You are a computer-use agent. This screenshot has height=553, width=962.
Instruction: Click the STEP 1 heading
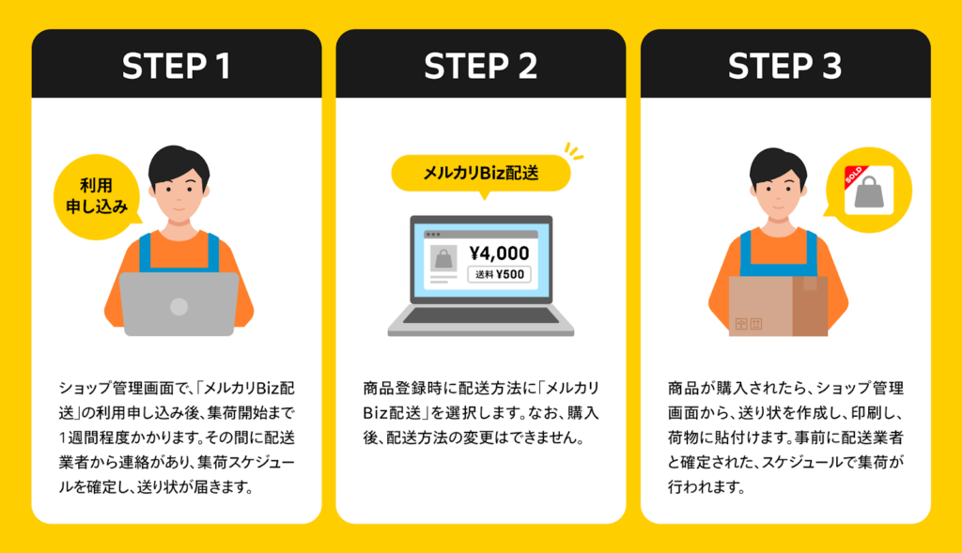(176, 67)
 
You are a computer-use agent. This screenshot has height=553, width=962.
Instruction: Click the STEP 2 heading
(480, 67)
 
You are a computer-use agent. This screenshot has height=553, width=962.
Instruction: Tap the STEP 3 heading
(784, 67)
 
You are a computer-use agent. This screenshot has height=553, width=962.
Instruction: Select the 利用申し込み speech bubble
(97, 196)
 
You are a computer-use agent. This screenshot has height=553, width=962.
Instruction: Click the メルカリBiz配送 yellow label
(481, 174)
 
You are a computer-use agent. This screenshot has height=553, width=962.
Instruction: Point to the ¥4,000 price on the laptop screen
(499, 253)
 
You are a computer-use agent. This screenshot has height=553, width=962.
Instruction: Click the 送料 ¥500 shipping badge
(500, 274)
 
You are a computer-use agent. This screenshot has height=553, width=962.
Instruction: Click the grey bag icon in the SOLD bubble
(869, 192)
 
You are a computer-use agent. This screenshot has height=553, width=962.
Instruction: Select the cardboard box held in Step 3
(778, 306)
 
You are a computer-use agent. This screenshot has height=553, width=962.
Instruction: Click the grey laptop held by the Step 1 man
(178, 303)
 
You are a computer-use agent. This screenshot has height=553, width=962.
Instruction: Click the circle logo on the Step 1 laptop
(178, 306)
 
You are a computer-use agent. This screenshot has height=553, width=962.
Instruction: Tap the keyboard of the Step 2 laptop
(480, 315)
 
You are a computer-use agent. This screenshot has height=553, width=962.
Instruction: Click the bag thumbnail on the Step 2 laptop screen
(443, 258)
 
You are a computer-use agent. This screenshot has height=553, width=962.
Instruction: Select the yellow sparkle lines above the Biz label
(574, 151)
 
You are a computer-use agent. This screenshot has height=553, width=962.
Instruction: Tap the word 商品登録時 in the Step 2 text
(403, 388)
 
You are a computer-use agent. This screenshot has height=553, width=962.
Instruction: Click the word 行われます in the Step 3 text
(706, 487)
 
